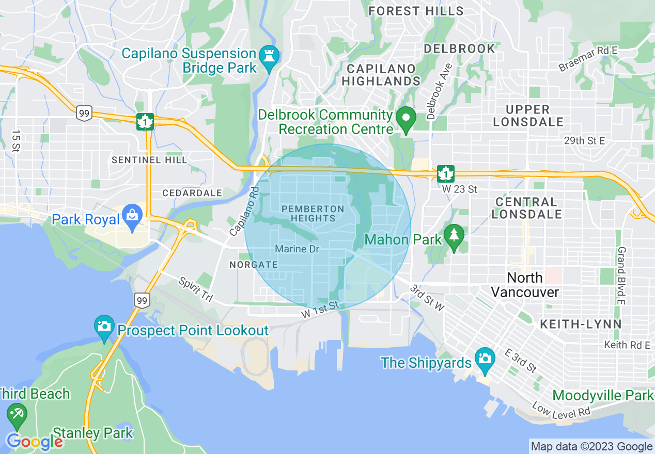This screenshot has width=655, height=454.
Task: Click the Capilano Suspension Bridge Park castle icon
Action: point(269,54)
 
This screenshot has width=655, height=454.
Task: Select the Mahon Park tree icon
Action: point(454,237)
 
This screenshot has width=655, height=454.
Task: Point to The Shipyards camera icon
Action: point(485,362)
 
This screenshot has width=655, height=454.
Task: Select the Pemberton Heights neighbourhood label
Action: point(313,213)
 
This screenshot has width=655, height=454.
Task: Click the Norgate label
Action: point(253,265)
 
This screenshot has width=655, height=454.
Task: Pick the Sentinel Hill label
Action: point(149,160)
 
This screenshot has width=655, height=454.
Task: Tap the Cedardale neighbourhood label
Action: point(192,193)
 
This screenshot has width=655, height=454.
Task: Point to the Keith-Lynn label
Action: point(581,324)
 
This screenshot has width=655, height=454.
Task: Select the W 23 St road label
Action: point(459,189)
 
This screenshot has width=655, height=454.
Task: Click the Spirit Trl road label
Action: point(196,289)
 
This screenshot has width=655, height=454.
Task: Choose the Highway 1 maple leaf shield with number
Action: point(445,174)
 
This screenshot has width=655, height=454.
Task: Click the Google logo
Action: point(34,442)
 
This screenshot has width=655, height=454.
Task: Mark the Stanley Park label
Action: point(93,432)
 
